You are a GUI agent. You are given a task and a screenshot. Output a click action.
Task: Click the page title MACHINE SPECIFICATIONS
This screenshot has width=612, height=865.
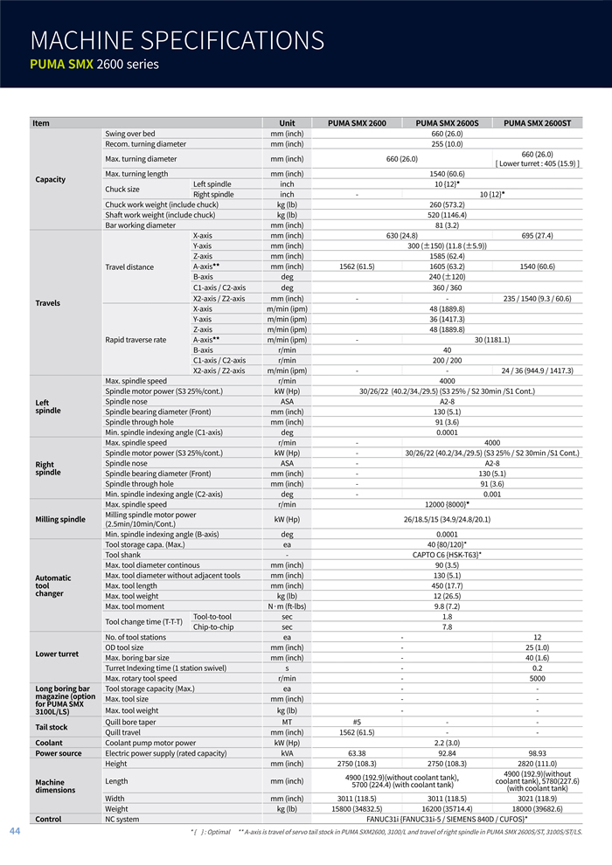(177, 40)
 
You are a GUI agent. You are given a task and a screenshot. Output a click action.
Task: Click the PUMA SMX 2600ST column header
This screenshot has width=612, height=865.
(537, 123)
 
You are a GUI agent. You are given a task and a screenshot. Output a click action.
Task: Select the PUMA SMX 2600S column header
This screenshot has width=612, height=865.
(447, 123)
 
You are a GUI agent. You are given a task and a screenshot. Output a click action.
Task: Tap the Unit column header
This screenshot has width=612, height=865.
(287, 123)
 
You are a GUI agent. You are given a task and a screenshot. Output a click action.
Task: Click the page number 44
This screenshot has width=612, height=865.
(15, 830)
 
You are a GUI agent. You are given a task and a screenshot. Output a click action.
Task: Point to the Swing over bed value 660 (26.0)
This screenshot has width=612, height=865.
(447, 134)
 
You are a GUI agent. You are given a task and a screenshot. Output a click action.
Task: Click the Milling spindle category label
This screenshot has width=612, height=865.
(60, 519)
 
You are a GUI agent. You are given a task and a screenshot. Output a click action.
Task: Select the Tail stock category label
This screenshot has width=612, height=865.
(51, 727)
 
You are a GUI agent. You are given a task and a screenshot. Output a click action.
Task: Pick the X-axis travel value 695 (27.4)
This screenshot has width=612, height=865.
(537, 236)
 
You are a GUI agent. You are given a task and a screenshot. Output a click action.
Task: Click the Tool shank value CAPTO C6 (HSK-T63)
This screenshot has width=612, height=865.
(447, 555)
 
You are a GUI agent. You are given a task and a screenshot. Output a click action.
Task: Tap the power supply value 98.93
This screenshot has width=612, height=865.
(537, 752)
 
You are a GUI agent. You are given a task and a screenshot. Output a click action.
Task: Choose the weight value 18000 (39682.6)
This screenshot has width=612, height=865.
(537, 809)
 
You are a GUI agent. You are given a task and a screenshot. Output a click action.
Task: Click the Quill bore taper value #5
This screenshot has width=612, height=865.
(357, 722)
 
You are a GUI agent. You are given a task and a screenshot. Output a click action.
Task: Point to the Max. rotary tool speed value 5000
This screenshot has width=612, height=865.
(537, 678)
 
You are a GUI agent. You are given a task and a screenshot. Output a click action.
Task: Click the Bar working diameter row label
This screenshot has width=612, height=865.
(141, 225)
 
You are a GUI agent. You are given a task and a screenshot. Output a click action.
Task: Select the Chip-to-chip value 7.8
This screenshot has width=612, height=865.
(447, 626)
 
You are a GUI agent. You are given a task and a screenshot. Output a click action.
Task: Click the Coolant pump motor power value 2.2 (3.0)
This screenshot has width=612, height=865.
(447, 743)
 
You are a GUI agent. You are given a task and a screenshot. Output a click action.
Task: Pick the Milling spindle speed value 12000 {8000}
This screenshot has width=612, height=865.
(447, 504)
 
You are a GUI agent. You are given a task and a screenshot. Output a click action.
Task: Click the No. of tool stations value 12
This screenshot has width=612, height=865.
(537, 637)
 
